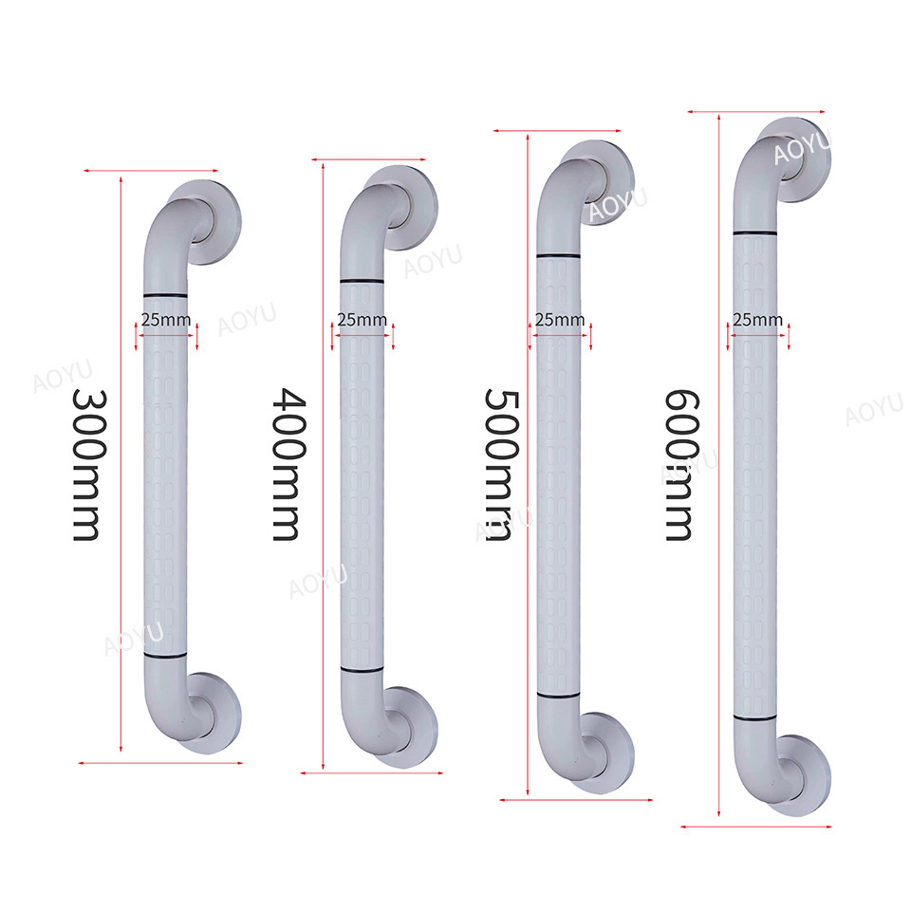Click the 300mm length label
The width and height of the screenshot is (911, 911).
pyautogui.click(x=89, y=465)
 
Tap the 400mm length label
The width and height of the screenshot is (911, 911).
pyautogui.click(x=288, y=464)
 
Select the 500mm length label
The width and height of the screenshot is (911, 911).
pyautogui.click(x=501, y=465)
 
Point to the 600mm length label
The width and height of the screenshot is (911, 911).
pyautogui.click(x=681, y=465)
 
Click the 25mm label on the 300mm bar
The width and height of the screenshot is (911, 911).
pyautogui.click(x=165, y=320)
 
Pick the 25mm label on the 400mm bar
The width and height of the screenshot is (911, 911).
pyautogui.click(x=362, y=320)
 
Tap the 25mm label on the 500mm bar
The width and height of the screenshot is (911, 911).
pyautogui.click(x=560, y=320)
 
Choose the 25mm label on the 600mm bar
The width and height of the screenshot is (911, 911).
pyautogui.click(x=757, y=320)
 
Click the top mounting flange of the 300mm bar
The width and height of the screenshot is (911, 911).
pyautogui.click(x=221, y=222)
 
